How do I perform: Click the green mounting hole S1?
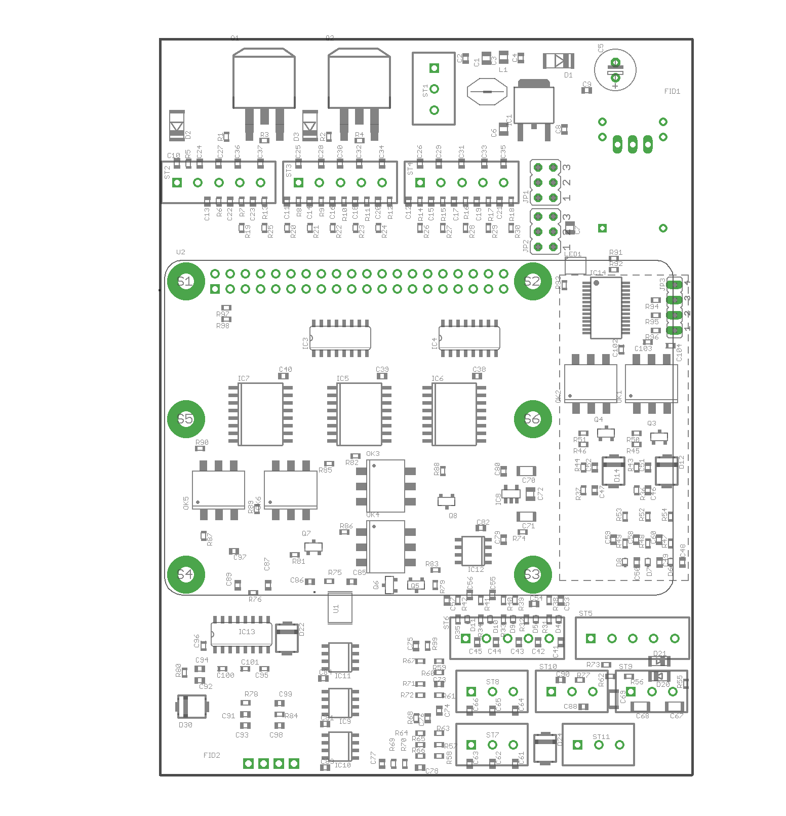185,282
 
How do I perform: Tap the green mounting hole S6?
532,419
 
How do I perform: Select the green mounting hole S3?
532,574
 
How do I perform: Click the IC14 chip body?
606,308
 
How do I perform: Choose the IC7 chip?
261,414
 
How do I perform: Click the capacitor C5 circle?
615,70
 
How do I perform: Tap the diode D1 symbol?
559,61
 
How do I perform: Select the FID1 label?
672,92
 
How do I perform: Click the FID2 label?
212,755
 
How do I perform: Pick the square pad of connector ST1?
434,68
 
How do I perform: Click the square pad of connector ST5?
591,638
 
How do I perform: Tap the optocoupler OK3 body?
386,486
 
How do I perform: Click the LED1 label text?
573,254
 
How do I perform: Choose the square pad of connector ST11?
577,745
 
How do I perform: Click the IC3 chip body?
340,338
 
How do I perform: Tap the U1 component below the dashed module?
340,607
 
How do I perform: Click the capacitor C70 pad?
526,471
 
